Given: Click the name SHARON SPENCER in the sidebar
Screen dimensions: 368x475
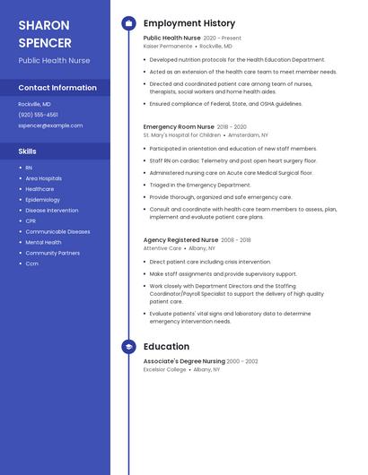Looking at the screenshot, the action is (x=44, y=33).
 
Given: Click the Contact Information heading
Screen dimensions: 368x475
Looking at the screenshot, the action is (x=57, y=88).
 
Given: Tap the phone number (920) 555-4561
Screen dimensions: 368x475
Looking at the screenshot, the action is (x=39, y=115).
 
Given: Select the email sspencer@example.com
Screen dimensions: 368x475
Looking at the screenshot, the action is (x=50, y=125).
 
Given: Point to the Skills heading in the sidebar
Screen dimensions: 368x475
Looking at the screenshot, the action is (x=27, y=151).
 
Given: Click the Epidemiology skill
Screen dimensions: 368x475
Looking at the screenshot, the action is (x=43, y=200).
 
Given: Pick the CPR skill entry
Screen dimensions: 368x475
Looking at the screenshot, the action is (x=31, y=220).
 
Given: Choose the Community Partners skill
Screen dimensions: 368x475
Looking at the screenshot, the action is (x=52, y=253).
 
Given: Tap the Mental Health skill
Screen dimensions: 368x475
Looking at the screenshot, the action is (x=43, y=242).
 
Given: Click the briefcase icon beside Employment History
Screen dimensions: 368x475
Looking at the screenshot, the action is (x=128, y=23).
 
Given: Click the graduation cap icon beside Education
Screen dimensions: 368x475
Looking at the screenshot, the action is (x=128, y=347).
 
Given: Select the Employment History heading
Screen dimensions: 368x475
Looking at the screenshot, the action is (x=189, y=23).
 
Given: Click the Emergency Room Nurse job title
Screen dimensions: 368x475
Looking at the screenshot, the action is (x=178, y=127).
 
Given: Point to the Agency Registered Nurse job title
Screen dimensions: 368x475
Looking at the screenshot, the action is (x=180, y=240).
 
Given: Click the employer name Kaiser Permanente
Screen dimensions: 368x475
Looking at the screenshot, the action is (x=168, y=46).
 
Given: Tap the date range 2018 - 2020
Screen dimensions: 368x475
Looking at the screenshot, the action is (x=232, y=127).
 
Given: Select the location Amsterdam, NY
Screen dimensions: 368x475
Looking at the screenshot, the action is (x=248, y=135).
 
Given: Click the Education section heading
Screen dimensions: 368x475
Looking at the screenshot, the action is (x=166, y=347).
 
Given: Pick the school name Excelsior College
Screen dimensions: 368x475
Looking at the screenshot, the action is (x=164, y=369).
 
